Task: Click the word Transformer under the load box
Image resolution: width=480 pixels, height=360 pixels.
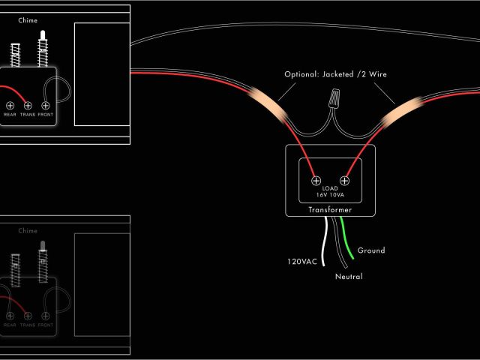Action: pos(330,210)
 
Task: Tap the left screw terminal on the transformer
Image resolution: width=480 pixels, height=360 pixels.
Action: pos(316,180)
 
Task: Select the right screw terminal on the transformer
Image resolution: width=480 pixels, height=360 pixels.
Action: pos(346,180)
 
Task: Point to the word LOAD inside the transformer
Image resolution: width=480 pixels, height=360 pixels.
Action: pos(331,188)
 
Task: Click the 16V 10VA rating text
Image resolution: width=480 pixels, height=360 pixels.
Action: pos(331,195)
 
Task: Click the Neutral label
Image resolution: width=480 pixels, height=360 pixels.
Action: pos(349,277)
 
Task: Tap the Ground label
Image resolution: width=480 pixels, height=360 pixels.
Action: pos(371,250)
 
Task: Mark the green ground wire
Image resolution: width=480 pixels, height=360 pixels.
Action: pos(347,240)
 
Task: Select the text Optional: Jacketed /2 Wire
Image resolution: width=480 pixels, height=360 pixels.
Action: pos(336,74)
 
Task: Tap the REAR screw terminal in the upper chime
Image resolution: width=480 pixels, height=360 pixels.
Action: pos(10,106)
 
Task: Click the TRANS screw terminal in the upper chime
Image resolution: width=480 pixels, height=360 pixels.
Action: pos(28,106)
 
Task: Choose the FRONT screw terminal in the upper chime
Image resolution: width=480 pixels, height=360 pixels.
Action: pos(46,106)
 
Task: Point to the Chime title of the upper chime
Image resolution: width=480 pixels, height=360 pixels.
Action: pos(28,20)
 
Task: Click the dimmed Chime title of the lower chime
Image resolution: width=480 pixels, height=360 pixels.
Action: pos(28,231)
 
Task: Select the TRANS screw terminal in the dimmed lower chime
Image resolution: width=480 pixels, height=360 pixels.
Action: pos(28,316)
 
